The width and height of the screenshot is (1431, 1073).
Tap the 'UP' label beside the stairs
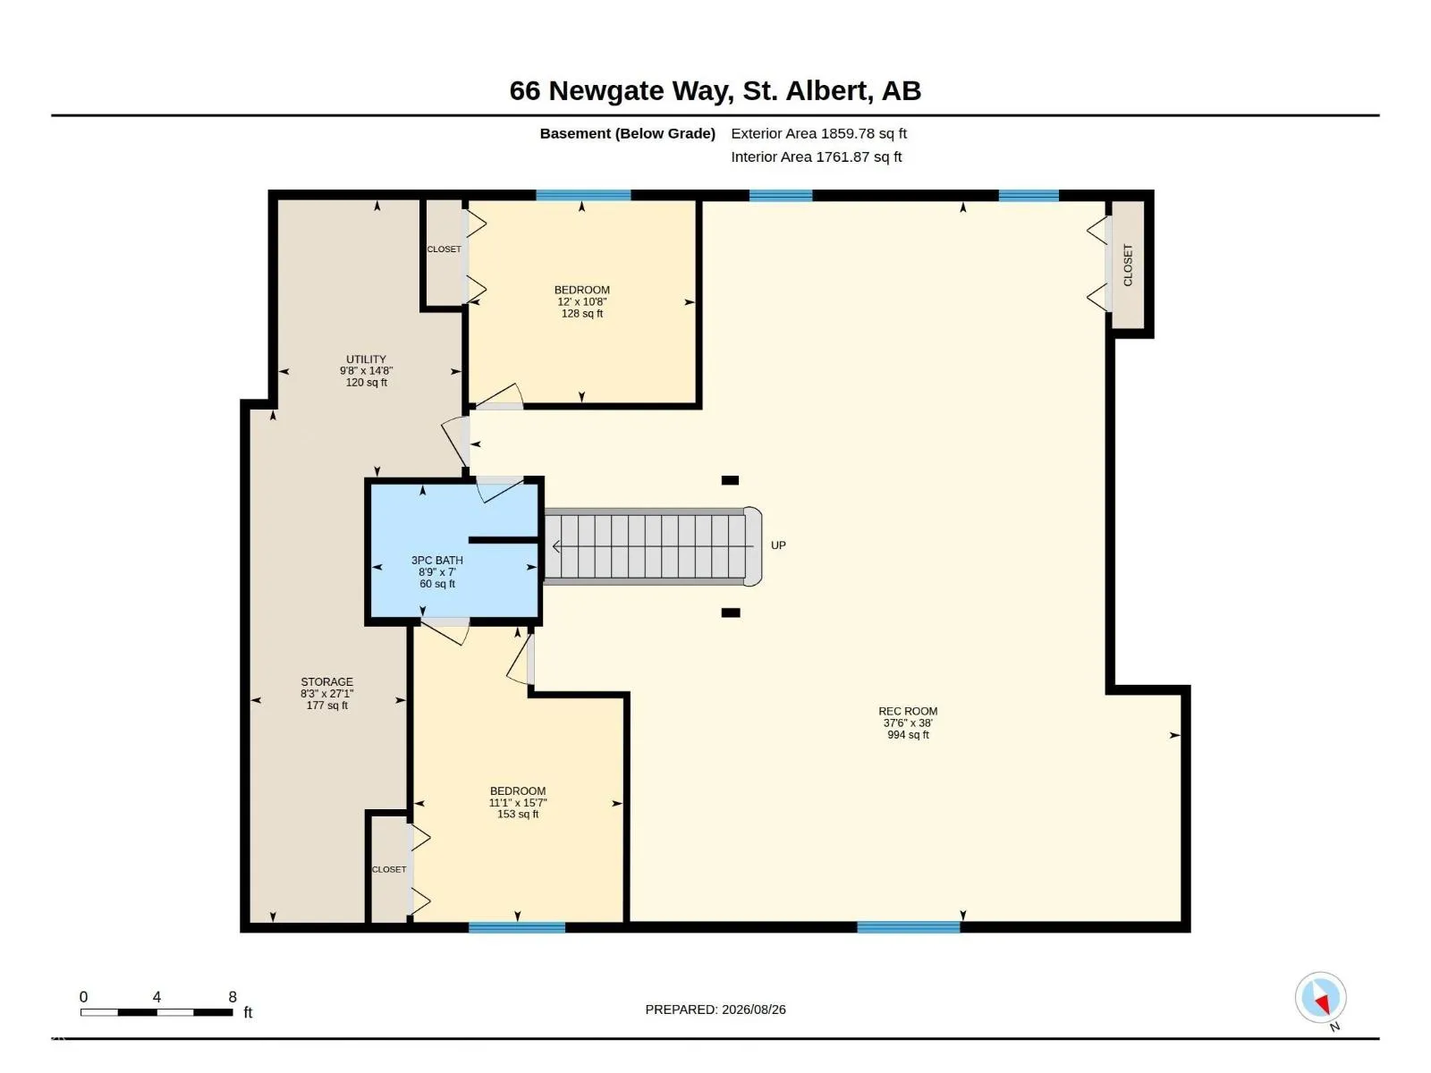click(x=778, y=545)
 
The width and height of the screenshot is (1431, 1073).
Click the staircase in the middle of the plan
click(x=653, y=546)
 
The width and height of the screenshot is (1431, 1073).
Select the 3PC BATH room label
click(x=436, y=561)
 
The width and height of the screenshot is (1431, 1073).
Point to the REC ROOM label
click(x=908, y=712)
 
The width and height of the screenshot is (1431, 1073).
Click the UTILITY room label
click(x=366, y=359)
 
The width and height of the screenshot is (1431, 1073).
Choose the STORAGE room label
click(x=326, y=682)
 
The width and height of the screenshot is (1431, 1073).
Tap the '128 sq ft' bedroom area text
click(x=582, y=313)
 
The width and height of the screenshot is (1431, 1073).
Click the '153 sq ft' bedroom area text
click(x=518, y=814)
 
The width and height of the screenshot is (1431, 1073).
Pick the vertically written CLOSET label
click(x=1128, y=266)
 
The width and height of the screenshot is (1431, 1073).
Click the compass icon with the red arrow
click(x=1320, y=997)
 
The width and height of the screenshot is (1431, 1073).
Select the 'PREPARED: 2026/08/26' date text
click(x=715, y=1010)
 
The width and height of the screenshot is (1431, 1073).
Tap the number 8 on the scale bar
click(x=233, y=997)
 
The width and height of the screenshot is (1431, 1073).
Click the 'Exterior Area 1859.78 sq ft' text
click(x=818, y=133)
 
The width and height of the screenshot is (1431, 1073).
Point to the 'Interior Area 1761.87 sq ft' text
click(x=817, y=157)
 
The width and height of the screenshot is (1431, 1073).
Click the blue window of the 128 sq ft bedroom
click(x=583, y=195)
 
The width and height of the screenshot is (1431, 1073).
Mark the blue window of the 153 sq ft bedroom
click(x=517, y=927)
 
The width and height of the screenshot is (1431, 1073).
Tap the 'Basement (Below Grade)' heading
click(x=627, y=133)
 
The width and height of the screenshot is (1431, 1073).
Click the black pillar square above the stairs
click(x=730, y=480)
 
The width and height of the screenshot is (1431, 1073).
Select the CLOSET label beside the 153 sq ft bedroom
click(x=388, y=869)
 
